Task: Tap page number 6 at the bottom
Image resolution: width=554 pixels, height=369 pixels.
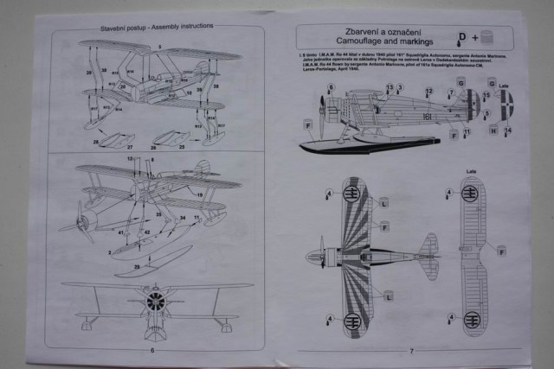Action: tap(152, 350)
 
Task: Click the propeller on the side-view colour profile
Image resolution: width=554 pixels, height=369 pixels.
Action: tap(321, 113)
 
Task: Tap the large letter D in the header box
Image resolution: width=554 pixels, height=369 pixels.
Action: tap(462, 35)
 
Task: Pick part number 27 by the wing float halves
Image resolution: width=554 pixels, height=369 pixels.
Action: tap(130, 148)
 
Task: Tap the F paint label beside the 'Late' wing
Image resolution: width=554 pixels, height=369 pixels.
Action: tap(500, 250)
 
